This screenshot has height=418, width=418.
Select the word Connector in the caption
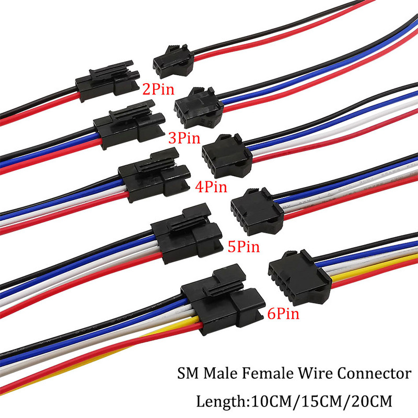tap(374, 374)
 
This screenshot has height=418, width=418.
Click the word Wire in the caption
tap(313, 374)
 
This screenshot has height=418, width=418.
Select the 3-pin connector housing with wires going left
tap(125, 125)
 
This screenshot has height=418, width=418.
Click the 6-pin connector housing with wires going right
tap(293, 272)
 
